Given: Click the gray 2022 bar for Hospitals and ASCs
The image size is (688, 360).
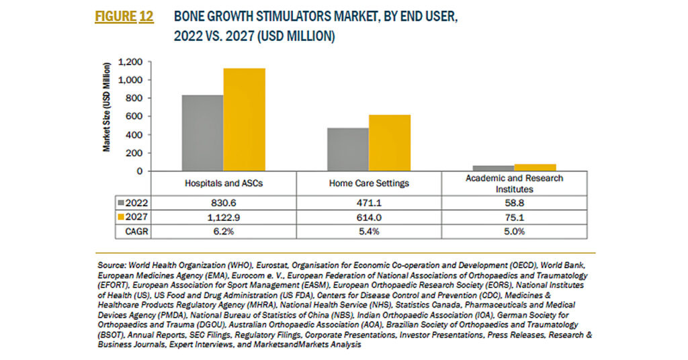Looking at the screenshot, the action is [x=203, y=133].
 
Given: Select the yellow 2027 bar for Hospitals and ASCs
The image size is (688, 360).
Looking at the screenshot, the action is [x=245, y=120].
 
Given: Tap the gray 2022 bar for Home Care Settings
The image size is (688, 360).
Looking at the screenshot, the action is [x=348, y=150].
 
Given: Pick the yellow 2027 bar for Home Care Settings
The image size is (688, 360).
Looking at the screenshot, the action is [x=390, y=143].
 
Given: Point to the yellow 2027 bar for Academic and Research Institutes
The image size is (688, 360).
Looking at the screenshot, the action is [x=535, y=167].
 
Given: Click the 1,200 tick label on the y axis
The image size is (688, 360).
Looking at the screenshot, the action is [x=130, y=62].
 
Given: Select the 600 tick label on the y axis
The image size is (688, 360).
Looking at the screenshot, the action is [x=134, y=116].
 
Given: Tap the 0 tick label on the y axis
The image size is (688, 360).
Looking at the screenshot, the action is [x=140, y=171].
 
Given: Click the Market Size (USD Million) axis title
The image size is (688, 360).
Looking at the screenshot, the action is [x=107, y=107].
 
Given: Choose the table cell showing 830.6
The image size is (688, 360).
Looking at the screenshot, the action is [x=224, y=203].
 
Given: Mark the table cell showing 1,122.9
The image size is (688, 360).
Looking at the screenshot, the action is [x=224, y=218].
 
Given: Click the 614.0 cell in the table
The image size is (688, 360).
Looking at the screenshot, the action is [x=369, y=218].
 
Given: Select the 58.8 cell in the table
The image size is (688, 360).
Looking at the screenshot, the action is [x=514, y=203].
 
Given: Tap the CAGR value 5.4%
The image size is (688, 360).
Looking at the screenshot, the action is [x=369, y=232].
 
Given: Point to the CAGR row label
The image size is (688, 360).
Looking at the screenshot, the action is [x=136, y=232].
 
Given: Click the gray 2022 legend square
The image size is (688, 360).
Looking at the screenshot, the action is [x=121, y=203].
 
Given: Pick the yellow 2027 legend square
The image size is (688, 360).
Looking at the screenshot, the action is [x=121, y=217].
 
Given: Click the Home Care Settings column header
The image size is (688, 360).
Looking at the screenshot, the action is [x=369, y=183].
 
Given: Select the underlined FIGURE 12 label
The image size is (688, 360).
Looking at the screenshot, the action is [x=124, y=17].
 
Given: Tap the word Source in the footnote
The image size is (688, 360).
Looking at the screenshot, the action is [x=112, y=265].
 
